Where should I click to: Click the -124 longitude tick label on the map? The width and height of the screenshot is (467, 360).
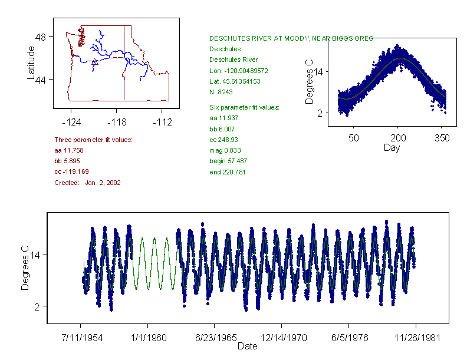coord(71,123)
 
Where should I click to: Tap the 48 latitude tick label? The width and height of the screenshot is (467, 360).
coord(42,37)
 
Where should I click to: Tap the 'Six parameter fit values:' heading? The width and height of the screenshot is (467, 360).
coord(245,107)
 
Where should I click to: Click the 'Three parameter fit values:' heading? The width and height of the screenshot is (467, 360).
coord(93,140)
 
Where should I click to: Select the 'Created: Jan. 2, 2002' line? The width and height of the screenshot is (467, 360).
coord(87,183)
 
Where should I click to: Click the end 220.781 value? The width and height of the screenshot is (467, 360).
coord(228,172)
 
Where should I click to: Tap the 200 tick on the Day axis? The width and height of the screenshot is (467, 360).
coord(398,138)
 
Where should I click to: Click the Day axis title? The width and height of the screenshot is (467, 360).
coord(392,148)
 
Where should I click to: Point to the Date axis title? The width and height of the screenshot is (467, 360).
coord(247,346)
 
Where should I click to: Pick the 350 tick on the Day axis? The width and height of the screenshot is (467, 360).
coord(442,138)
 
